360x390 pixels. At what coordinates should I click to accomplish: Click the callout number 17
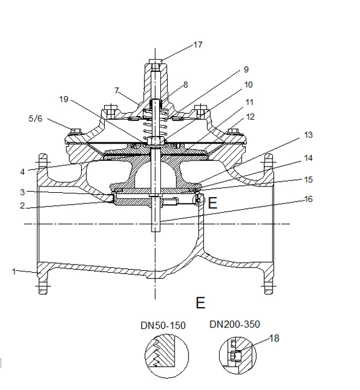198,45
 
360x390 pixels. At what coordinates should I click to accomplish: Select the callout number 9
246,69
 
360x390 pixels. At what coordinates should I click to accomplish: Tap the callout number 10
248,85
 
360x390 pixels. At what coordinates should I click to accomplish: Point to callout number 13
308,135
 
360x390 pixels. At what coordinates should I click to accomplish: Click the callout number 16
308,199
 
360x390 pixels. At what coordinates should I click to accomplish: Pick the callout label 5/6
36,119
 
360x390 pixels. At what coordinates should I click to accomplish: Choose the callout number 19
64,99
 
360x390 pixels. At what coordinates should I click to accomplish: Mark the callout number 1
14,271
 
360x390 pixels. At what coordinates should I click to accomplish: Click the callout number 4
22,172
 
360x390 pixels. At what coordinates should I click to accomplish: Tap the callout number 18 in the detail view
275,338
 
